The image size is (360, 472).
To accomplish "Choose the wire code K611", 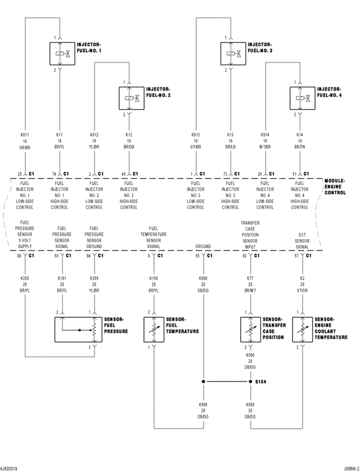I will click(x=25, y=135).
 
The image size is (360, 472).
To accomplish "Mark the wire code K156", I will click(x=154, y=278).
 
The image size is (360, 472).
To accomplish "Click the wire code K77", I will click(x=250, y=278).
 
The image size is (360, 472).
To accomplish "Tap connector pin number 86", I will click(x=19, y=256).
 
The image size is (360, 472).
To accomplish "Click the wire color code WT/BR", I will click(x=265, y=147).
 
